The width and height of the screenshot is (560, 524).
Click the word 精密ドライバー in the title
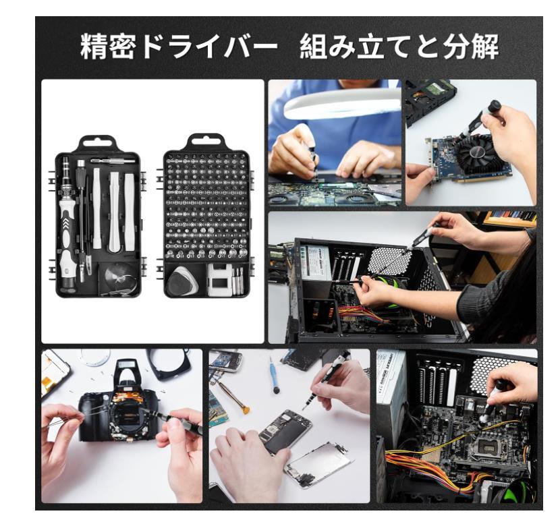click(x=179, y=47)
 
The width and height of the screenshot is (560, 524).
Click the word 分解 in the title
click(x=471, y=47)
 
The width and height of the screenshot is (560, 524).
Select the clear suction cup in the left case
click(x=119, y=278)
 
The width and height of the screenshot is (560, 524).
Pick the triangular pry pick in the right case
click(x=182, y=280)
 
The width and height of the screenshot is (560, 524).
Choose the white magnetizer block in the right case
click(x=219, y=280)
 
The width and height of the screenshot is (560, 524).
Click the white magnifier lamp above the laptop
click(x=342, y=104)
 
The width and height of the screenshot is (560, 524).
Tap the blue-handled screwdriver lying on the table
click(x=274, y=375)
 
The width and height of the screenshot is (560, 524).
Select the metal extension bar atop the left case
click(x=113, y=161)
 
